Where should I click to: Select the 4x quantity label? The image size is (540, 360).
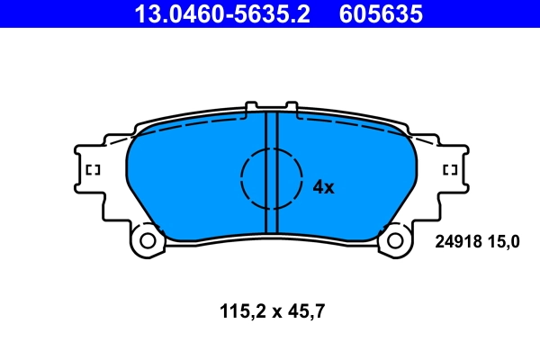[x=323, y=187]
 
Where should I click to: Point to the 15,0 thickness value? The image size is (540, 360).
[x=503, y=241]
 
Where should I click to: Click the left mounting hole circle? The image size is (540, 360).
[x=147, y=240]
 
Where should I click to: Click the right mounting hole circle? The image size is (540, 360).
[x=395, y=240]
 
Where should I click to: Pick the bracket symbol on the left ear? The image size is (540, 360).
[x=92, y=170]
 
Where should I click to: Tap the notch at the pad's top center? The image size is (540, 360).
[x=272, y=108]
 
